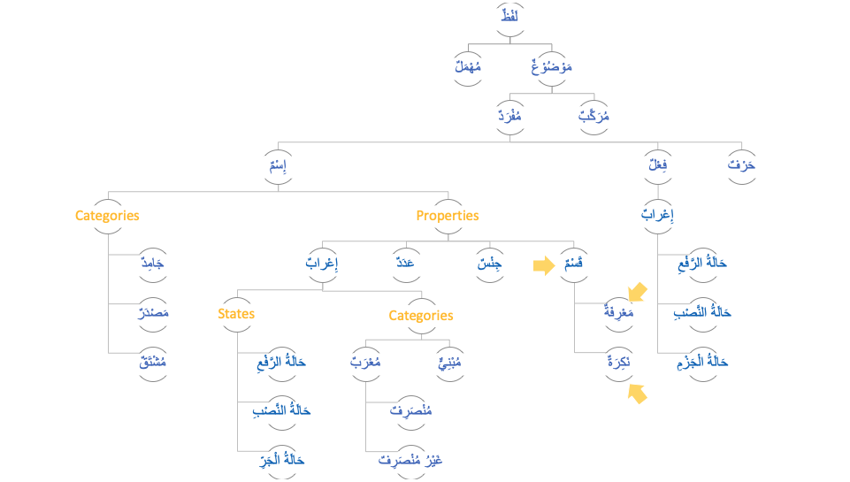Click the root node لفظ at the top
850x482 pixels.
point(509,18)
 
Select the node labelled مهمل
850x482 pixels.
point(468,67)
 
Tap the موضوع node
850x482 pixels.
point(552,67)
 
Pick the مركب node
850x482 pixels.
point(593,117)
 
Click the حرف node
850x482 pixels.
point(742,165)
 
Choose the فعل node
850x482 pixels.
point(657,165)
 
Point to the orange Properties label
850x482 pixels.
point(448,216)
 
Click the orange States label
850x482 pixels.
point(236,314)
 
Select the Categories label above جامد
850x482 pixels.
point(107,216)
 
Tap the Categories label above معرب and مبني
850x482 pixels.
point(421,316)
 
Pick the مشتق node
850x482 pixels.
point(154,363)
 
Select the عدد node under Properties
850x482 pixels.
point(406,264)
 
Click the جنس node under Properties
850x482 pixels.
point(489,264)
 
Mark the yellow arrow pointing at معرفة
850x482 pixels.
point(637,291)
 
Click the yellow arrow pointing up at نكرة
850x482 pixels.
point(637,394)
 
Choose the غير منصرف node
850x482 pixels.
point(410,461)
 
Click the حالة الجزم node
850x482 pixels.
point(701,362)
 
